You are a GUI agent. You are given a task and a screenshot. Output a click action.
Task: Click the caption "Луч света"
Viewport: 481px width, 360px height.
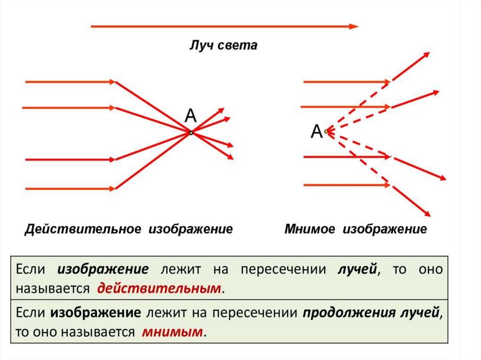[223, 46]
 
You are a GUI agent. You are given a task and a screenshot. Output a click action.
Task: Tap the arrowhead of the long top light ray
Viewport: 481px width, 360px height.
[354, 27]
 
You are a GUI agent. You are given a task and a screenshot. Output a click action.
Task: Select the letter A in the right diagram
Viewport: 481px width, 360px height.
[317, 132]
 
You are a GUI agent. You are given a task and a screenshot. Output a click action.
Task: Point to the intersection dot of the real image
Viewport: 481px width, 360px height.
[191, 133]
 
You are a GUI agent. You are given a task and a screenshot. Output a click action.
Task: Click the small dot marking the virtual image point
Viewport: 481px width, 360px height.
[326, 132]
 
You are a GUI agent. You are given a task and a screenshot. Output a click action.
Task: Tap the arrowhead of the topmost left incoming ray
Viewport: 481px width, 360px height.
[112, 82]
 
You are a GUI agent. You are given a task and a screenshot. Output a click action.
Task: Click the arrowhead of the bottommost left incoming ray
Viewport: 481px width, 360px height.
[112, 189]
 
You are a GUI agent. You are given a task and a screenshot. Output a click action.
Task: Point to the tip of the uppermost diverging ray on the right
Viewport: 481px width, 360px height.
[428, 54]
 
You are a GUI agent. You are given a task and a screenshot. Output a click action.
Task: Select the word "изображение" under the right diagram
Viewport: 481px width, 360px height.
[384, 230]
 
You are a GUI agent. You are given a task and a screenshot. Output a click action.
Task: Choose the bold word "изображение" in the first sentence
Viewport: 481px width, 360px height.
[103, 269]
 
